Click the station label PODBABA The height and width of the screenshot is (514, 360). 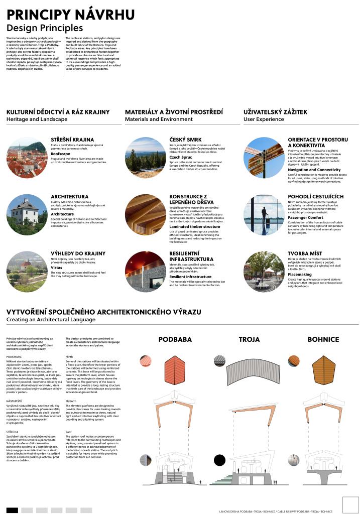(x=175, y=340)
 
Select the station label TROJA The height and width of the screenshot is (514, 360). (x=250, y=340)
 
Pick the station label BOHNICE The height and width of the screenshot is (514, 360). (x=324, y=340)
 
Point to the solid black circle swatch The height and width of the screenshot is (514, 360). (x=220, y=459)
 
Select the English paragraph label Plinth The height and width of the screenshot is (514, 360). (x=69, y=357)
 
